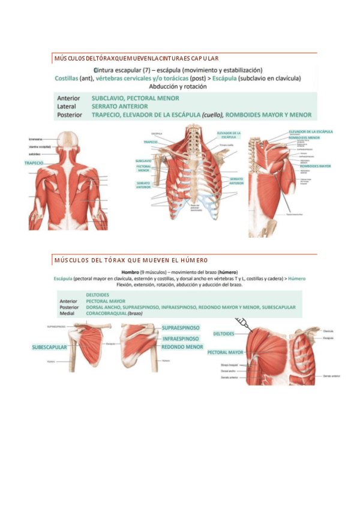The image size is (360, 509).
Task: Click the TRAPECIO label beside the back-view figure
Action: tap(34, 163)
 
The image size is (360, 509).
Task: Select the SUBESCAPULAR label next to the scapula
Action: tap(49, 347)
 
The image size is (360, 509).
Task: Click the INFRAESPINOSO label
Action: tap(182, 338)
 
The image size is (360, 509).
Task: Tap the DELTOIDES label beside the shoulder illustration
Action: tap(224, 333)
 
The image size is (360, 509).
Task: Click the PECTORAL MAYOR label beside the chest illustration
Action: tap(226, 352)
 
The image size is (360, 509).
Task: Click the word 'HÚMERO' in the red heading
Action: tap(194, 261)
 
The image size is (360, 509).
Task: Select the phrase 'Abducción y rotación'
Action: tap(178, 86)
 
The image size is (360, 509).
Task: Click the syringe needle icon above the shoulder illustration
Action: tap(243, 324)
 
